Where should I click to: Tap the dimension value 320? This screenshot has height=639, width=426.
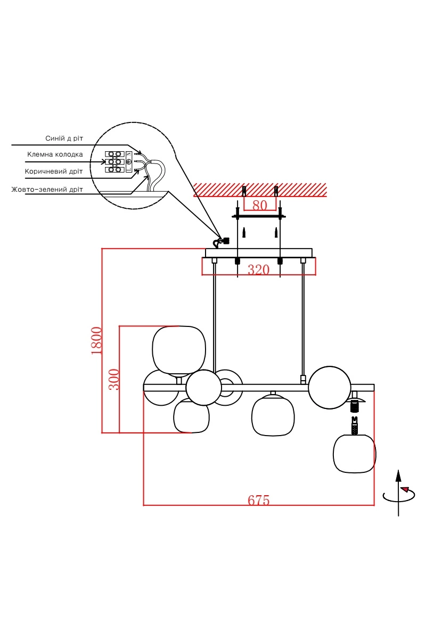click(x=258, y=269)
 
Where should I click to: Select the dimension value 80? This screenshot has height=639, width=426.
click(x=260, y=205)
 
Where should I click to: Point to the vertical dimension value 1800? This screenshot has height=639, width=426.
click(x=97, y=341)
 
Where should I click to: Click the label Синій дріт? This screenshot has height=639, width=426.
click(x=64, y=138)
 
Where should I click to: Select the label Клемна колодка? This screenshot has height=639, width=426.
click(x=55, y=154)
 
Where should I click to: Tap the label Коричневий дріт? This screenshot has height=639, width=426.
click(x=54, y=171)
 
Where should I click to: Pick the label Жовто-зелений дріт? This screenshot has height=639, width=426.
click(x=47, y=190)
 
